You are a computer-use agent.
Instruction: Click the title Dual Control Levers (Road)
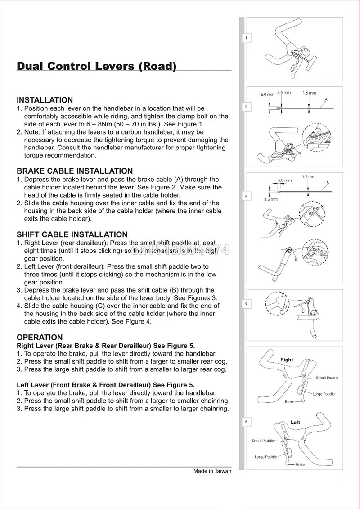(x=96, y=66)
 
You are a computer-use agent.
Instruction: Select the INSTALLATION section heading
(x=45, y=100)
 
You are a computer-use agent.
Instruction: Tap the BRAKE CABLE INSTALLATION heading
(x=75, y=171)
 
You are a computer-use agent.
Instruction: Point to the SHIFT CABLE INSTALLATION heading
(x=72, y=234)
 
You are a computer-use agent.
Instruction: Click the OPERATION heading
(x=40, y=337)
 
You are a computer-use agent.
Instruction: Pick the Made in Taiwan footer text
(x=212, y=472)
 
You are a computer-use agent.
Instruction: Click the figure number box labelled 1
(x=246, y=39)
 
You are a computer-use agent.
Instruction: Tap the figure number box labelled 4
(x=246, y=304)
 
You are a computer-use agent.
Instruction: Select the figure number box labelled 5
(x=246, y=422)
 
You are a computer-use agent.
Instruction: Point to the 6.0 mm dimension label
(x=267, y=95)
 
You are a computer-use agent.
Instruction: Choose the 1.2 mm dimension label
(x=308, y=176)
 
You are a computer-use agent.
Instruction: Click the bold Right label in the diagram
(x=286, y=360)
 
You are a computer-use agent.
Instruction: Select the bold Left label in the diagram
(x=295, y=423)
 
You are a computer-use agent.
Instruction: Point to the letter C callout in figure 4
(x=303, y=311)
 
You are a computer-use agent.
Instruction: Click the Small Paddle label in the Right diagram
(x=327, y=378)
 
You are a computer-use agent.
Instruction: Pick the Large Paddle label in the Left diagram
(x=266, y=457)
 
